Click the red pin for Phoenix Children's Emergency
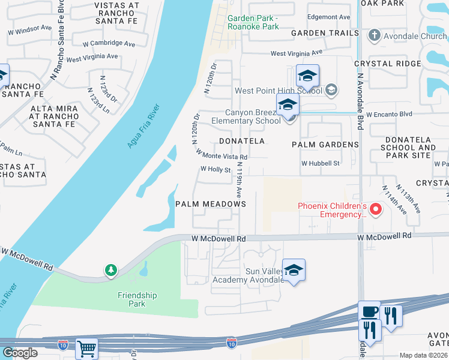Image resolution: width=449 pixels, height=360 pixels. pyautogui.click(x=376, y=209)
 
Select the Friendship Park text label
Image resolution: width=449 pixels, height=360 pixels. pyautogui.click(x=137, y=299)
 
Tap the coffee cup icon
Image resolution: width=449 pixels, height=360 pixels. pyautogui.click(x=369, y=311)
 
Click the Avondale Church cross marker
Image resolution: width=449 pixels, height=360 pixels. pyautogui.click(x=375, y=36)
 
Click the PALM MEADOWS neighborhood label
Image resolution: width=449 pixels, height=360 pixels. pyautogui.click(x=211, y=204)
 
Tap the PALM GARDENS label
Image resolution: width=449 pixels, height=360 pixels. pyautogui.click(x=325, y=145)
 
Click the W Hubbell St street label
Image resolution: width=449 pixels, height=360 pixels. pyautogui.click(x=321, y=163)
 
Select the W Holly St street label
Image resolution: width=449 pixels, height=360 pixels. pyautogui.click(x=215, y=170)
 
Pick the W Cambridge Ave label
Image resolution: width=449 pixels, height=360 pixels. pyautogui.click(x=109, y=44)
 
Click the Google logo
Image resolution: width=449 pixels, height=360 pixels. pyautogui.click(x=20, y=353)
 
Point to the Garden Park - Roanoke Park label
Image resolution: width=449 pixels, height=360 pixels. pyautogui.click(x=253, y=22)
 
